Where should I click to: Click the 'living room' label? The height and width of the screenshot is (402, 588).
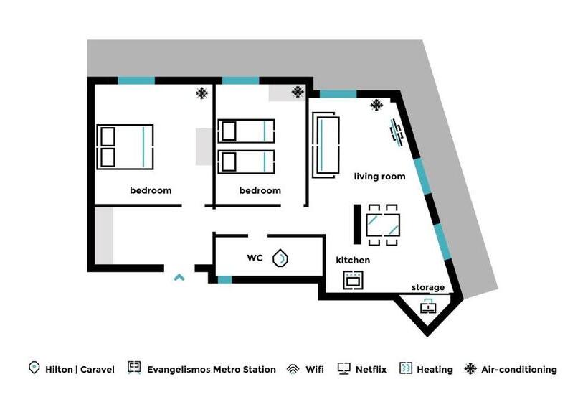tap(379, 176)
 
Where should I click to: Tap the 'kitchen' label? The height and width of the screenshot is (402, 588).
tap(353, 260)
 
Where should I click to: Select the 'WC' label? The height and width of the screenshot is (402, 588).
tap(255, 258)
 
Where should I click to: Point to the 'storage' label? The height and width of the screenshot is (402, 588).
tap(427, 288)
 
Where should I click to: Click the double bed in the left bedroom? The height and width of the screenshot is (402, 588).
tap(125, 146)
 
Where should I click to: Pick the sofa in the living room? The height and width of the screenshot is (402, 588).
tap(327, 145)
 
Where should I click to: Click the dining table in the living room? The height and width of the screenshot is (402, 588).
tap(382, 225)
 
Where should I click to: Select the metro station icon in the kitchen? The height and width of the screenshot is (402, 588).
tap(352, 279)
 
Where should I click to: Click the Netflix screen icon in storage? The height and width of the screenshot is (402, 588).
tap(427, 307)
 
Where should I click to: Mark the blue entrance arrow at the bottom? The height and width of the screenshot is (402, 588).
tap(179, 276)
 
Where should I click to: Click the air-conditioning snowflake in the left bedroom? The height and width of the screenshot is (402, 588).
tap(203, 93)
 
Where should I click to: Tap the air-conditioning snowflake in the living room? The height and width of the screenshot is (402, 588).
tap(376, 106)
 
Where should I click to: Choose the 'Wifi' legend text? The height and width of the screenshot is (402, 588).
tap(314, 370)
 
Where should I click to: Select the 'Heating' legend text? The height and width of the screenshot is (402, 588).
tap(435, 370)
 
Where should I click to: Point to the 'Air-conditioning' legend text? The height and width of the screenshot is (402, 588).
tap(519, 370)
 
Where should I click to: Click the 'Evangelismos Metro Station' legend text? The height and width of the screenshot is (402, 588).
tap(211, 370)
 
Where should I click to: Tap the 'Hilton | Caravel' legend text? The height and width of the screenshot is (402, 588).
tap(80, 370)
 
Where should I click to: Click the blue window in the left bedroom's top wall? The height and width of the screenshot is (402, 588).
tap(136, 80)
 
